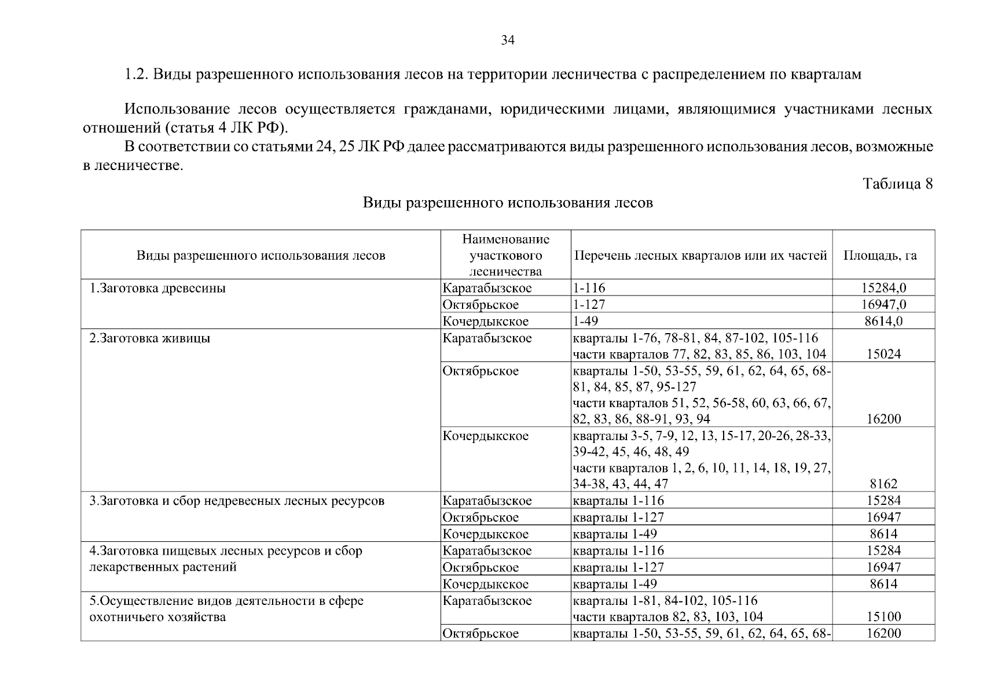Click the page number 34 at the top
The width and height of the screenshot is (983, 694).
point(507,40)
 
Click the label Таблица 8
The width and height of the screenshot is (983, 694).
point(897,184)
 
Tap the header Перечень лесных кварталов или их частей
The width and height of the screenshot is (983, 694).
point(700,256)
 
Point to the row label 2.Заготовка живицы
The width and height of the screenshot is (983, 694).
point(149,338)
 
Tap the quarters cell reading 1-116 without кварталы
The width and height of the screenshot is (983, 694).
point(589,288)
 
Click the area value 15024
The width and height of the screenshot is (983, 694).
point(883,355)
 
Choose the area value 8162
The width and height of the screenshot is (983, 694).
point(883,484)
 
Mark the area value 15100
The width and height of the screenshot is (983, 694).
point(883,617)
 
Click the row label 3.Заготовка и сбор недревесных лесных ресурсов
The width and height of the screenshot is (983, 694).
point(237,501)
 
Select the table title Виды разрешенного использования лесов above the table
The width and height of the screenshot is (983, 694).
point(508,203)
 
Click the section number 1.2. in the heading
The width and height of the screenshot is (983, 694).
point(138,75)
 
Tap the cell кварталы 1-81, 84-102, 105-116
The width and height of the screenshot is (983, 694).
point(665,600)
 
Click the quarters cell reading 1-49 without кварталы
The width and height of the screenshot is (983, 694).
point(585,321)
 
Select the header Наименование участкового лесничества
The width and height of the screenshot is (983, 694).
point(505,255)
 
